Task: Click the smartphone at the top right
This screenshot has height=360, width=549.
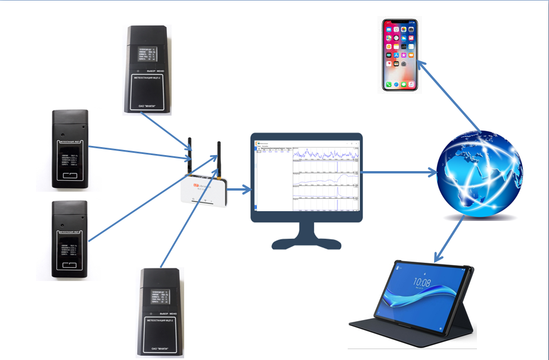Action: tap(400, 55)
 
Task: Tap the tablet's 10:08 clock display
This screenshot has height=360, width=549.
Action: tap(421, 282)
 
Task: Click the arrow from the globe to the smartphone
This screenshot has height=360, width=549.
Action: tap(449, 92)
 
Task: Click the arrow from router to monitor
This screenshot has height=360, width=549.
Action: tap(240, 188)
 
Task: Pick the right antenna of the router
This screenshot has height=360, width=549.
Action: tap(218, 158)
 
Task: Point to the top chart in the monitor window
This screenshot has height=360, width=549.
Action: tap(325, 154)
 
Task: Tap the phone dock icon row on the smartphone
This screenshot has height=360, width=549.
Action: tap(400, 84)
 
